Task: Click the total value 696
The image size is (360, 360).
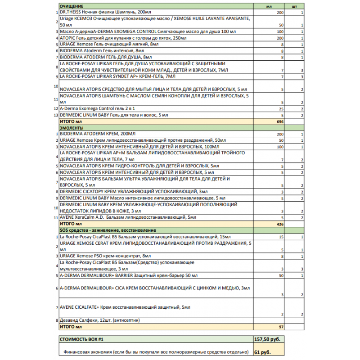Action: pyautogui.click(x=279, y=122)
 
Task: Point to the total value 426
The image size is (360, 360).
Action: pyautogui.click(x=279, y=224)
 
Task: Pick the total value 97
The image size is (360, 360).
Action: pyautogui.click(x=281, y=326)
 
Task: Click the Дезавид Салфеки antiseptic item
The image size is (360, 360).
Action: pyautogui.click(x=97, y=320)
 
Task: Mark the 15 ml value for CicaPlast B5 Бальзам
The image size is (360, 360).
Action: pyautogui.click(x=281, y=237)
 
